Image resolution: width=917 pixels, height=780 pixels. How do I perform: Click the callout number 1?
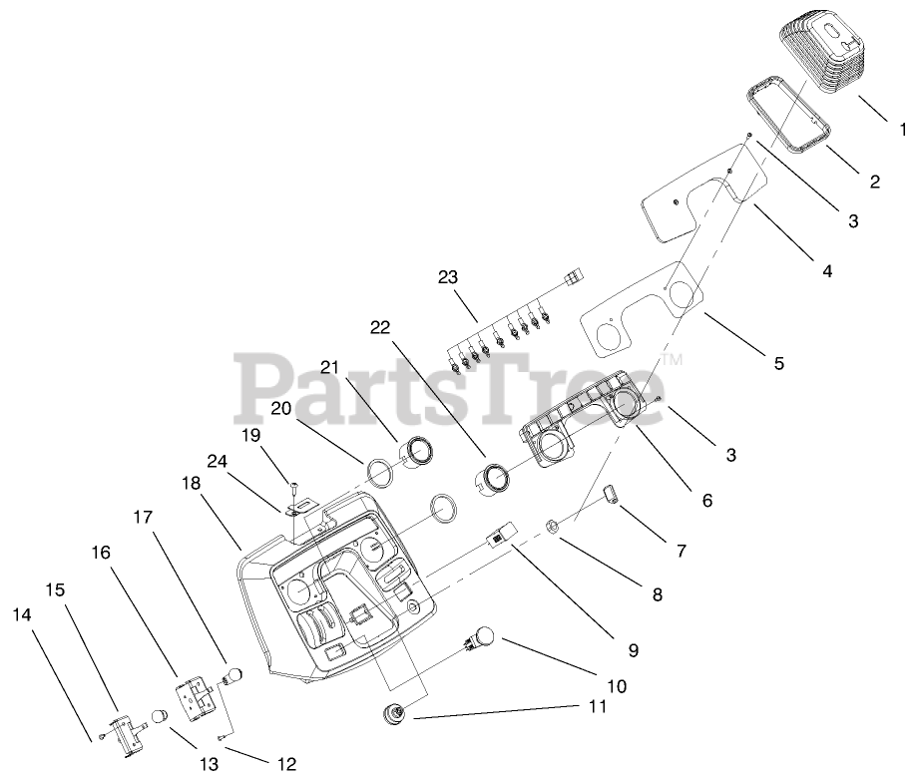(x=903, y=129)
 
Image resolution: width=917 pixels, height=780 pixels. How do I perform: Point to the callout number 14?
(x=22, y=615)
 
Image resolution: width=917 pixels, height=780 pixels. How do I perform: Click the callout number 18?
(x=192, y=482)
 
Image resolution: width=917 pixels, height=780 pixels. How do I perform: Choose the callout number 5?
(x=778, y=363)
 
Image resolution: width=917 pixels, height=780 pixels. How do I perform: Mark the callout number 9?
(x=633, y=649)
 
